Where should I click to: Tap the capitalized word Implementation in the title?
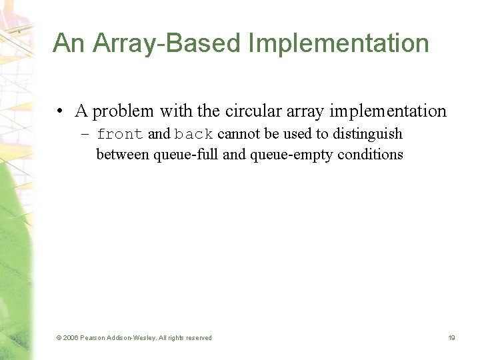[x=339, y=43]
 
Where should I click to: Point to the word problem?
[x=124, y=111]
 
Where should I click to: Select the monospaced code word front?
[x=120, y=134]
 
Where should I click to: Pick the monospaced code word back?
[x=194, y=134]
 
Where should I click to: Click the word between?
[x=123, y=155]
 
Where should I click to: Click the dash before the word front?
[x=86, y=134]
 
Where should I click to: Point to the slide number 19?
[x=451, y=338]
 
